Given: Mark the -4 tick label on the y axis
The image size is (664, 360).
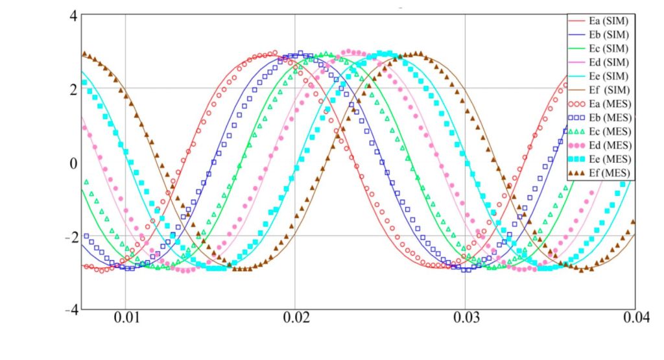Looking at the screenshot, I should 71,309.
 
